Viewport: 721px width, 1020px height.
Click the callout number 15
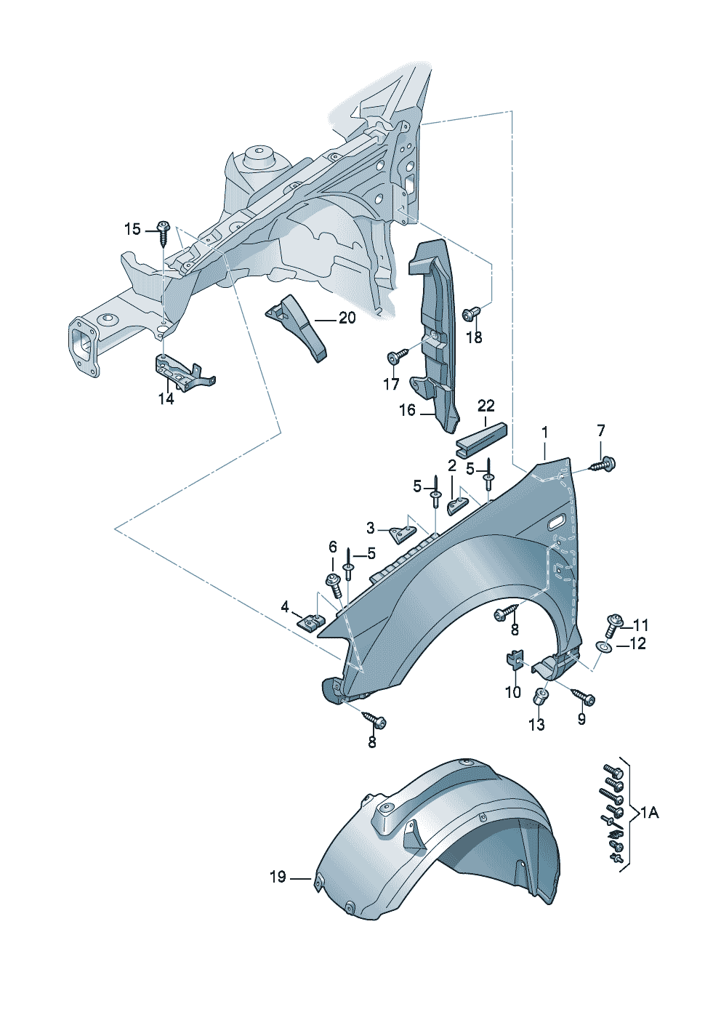coord(132,230)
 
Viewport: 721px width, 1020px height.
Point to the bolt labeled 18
coord(471,314)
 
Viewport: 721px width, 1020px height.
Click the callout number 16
coord(407,410)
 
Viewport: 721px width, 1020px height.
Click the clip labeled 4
coord(313,622)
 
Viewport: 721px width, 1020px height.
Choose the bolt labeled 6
coord(334,584)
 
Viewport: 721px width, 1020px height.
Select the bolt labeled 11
coord(614,623)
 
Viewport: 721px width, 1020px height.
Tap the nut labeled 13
coord(541,696)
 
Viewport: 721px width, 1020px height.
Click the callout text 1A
coord(649,812)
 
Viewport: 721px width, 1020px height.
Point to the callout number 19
coord(278,878)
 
